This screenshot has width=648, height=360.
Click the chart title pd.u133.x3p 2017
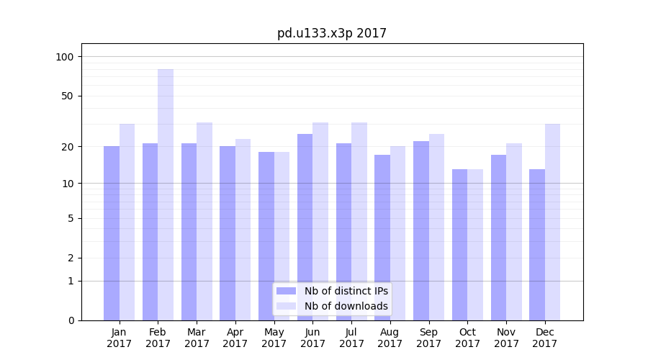(332, 34)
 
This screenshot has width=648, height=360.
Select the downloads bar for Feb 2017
(166, 194)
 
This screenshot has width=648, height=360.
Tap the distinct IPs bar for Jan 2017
(112, 233)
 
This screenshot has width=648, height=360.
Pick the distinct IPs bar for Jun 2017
(305, 227)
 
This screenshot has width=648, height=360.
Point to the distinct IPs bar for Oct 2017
(459, 245)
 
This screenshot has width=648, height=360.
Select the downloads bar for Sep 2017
(436, 227)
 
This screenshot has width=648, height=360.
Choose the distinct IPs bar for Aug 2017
(382, 238)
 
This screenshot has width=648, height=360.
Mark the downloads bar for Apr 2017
(243, 230)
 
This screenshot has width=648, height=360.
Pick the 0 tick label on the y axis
(71, 320)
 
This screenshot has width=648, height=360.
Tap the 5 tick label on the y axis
(71, 218)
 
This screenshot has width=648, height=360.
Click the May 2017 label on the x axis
(274, 338)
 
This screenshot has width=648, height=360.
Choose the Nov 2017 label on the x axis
(506, 338)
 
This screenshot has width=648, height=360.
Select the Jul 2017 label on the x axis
(351, 338)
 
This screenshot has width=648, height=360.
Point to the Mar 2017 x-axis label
(197, 338)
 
